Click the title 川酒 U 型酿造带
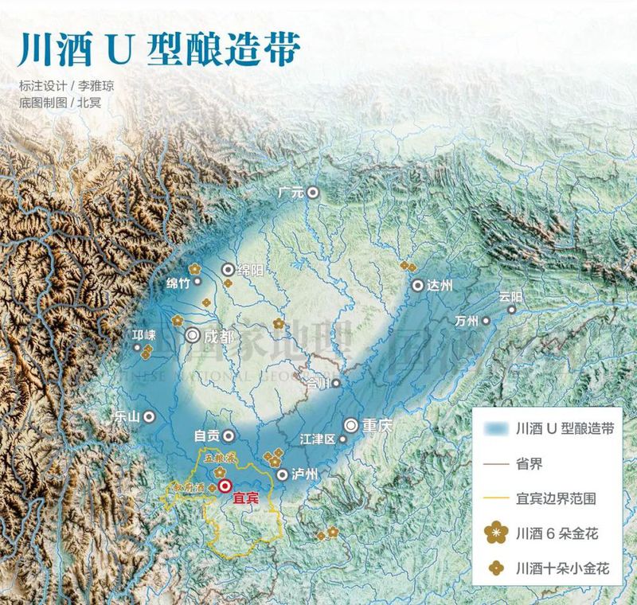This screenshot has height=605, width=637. pyautogui.click(x=159, y=49)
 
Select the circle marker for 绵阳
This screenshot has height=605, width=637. pyautogui.click(x=229, y=270)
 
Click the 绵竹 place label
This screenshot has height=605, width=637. pyautogui.click(x=180, y=283)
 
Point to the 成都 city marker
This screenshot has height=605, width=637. pyautogui.click(x=193, y=336)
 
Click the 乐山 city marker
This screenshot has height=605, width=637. pyautogui.click(x=149, y=416)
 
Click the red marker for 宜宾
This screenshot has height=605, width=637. pyautogui.click(x=225, y=484)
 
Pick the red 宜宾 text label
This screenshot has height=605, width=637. pyautogui.click(x=246, y=501)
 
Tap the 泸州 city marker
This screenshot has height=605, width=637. pyautogui.click(x=282, y=474)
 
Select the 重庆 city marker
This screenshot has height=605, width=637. pyautogui.click(x=350, y=426)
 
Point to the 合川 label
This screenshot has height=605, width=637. pyautogui.click(x=318, y=383)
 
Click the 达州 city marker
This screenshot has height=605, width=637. pyautogui.click(x=417, y=286)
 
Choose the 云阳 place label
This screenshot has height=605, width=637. pyautogui.click(x=513, y=296)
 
